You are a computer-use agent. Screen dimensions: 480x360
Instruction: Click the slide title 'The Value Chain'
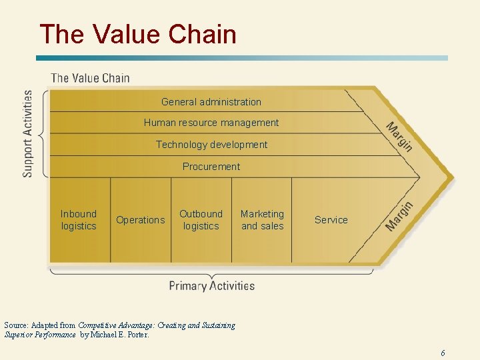(138, 33)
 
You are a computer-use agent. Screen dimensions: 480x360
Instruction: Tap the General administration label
(211, 102)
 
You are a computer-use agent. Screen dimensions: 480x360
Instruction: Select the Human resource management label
(211, 123)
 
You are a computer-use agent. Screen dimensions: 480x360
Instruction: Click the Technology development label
(211, 145)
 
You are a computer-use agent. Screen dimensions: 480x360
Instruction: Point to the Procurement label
(211, 166)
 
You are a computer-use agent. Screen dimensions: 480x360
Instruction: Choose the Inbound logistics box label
(79, 220)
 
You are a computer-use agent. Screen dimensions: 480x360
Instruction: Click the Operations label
(140, 220)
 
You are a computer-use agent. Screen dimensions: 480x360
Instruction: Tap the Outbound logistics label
(201, 220)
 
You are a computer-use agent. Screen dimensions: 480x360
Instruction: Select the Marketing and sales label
(262, 220)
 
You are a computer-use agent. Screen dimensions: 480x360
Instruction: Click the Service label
(331, 220)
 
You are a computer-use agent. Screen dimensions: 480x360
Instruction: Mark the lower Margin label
(399, 217)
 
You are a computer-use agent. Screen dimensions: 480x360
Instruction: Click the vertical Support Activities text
(28, 133)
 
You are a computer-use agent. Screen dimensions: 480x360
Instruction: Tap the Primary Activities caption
(212, 286)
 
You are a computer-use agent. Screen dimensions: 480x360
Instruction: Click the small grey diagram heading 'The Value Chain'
(91, 78)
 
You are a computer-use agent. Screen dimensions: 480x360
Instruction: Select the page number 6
(443, 353)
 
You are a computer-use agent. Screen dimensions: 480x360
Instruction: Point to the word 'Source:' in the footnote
(21, 325)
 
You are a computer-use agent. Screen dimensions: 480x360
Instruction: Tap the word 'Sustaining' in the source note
(217, 325)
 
